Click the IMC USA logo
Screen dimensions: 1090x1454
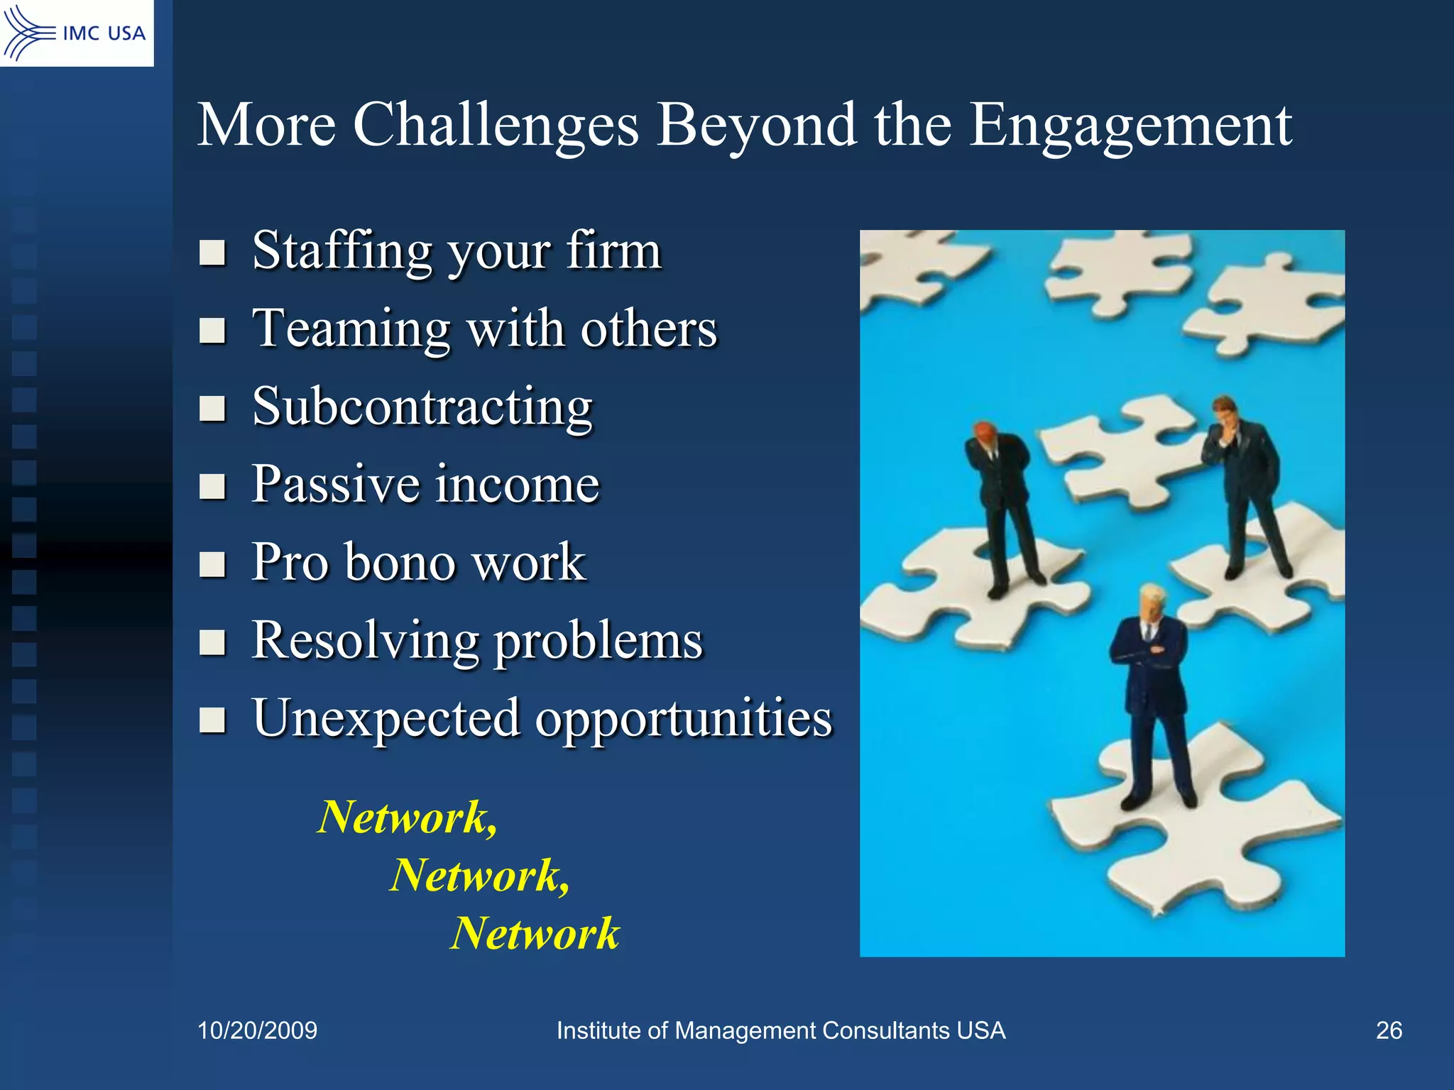[76, 33]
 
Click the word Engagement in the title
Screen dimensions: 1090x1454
[1130, 125]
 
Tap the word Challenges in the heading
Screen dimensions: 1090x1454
[496, 125]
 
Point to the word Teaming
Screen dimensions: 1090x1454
[351, 329]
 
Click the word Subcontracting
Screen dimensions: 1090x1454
[422, 407]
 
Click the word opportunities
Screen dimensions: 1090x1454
[684, 718]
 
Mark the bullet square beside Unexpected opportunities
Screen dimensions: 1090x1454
[212, 720]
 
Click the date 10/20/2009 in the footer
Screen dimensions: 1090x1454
[257, 1030]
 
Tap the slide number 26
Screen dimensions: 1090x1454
[1389, 1030]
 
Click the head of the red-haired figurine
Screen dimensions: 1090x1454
[985, 432]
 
